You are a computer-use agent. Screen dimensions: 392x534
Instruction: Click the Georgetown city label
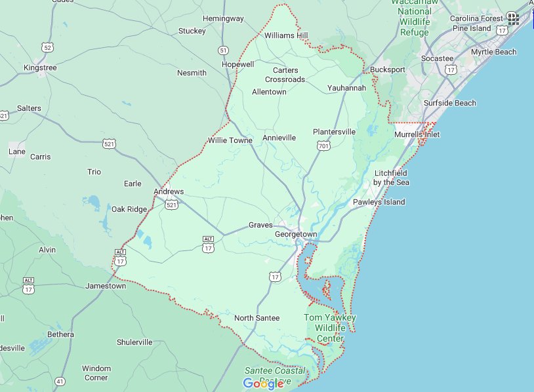click(x=296, y=234)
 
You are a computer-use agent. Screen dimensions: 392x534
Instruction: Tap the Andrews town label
click(x=169, y=191)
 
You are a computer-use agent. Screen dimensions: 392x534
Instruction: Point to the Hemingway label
click(x=223, y=18)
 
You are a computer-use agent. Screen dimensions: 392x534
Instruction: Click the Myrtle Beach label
click(x=493, y=52)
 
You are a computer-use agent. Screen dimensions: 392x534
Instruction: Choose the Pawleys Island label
click(x=379, y=202)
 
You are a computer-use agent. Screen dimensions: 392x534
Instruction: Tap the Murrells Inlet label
click(x=417, y=134)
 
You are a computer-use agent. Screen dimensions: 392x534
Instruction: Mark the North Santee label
click(x=257, y=318)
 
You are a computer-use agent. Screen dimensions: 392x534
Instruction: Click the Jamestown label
click(x=106, y=286)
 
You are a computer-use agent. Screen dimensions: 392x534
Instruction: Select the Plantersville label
click(x=334, y=132)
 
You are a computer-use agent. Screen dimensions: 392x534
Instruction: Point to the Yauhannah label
click(x=346, y=88)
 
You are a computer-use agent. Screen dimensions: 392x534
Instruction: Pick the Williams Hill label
click(x=286, y=36)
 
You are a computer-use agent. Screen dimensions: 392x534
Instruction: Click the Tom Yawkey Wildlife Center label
click(x=330, y=328)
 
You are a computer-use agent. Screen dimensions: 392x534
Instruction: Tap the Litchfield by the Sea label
click(x=392, y=177)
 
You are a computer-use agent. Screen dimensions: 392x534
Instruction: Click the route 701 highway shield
click(x=323, y=146)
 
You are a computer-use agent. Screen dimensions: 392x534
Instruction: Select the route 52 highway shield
click(x=46, y=47)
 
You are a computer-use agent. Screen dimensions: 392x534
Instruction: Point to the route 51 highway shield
click(x=224, y=50)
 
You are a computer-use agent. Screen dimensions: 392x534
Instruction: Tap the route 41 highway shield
click(x=60, y=381)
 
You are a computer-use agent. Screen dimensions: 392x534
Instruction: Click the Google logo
click(x=263, y=383)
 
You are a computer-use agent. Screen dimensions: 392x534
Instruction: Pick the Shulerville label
click(x=134, y=342)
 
